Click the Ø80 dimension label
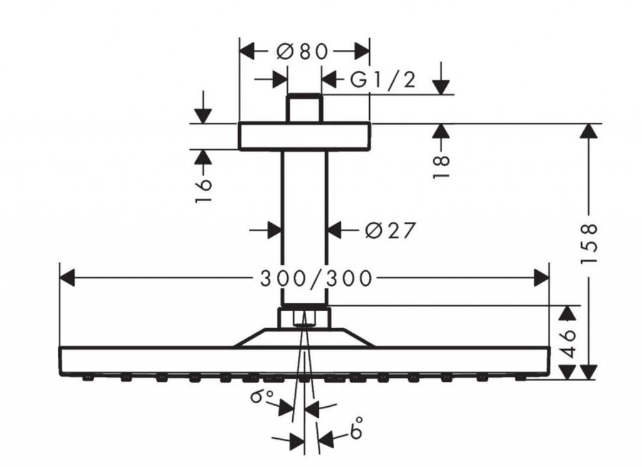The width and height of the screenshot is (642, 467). point(303,51)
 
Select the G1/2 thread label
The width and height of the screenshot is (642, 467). point(382,80)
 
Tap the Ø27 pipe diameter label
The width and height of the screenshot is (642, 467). point(390,231)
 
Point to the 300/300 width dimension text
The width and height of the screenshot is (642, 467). point(316,277)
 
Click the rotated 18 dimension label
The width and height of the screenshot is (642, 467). point(442,166)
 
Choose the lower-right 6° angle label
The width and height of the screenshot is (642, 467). point(357,432)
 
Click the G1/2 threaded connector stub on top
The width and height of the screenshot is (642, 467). point(304,108)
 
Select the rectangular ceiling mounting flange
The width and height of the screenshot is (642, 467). point(304,136)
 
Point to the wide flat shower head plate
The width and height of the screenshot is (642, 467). point(304,360)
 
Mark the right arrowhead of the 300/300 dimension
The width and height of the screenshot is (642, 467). point(541,276)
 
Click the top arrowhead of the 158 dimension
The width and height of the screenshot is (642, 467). point(588,132)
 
